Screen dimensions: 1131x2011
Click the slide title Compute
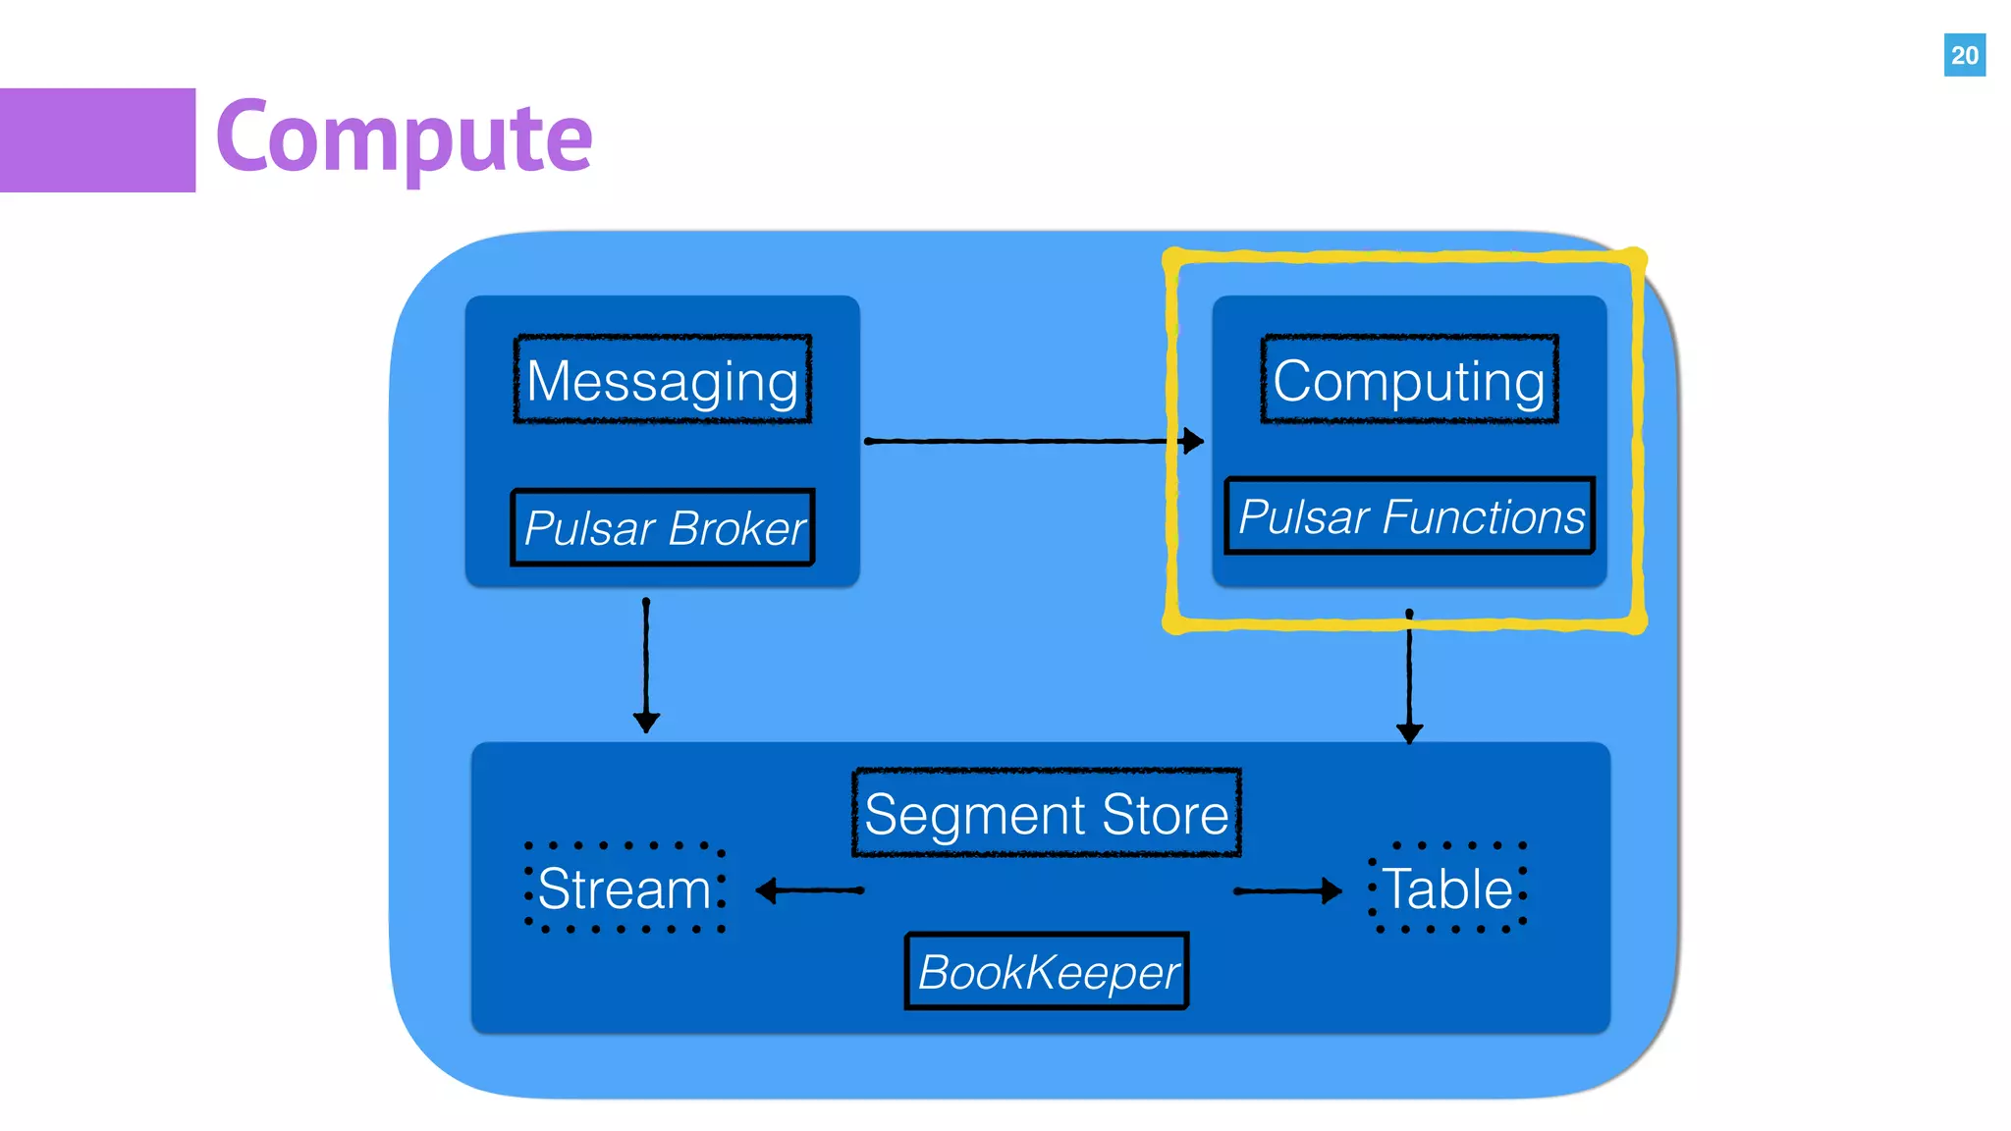point(404,137)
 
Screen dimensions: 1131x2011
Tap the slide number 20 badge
point(1964,55)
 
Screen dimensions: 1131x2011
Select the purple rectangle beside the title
point(97,140)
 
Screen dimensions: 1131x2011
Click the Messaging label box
point(663,380)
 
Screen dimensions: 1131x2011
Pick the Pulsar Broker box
point(663,527)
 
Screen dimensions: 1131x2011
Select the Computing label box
point(1409,380)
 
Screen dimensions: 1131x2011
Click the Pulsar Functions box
point(1409,516)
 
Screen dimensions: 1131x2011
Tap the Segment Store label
point(1047,814)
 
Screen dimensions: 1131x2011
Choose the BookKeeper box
point(1047,972)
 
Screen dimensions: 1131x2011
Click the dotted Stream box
point(625,888)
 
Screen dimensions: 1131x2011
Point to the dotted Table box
point(1447,888)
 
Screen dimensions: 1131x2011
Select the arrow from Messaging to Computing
point(1031,441)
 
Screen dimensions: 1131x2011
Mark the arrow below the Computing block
point(1409,677)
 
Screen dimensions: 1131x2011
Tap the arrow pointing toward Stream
point(809,890)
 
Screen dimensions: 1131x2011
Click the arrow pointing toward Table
point(1286,890)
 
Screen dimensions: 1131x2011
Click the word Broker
point(736,528)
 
